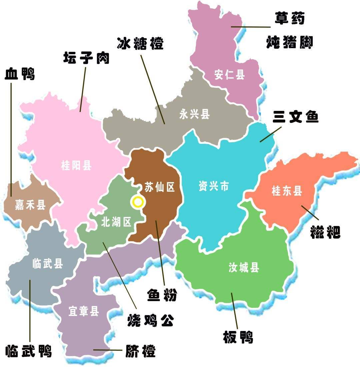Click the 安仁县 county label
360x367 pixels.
(x=229, y=75)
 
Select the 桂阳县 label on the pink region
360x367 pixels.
(x=76, y=165)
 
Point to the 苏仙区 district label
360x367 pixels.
(x=160, y=187)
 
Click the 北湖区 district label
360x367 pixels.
(x=116, y=222)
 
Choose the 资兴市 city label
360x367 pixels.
(x=214, y=186)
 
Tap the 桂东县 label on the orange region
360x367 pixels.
(x=287, y=191)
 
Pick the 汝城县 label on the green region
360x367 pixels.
(x=244, y=267)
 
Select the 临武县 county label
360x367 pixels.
(x=48, y=264)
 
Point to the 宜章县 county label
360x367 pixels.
(x=84, y=311)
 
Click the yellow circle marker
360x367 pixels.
(x=138, y=202)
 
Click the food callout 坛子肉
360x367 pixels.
(x=86, y=58)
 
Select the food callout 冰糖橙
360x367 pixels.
(x=140, y=43)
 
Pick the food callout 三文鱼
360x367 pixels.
(x=296, y=117)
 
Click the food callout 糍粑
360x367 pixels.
(x=325, y=232)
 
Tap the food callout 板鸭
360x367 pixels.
(x=238, y=337)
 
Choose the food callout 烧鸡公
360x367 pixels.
(x=151, y=320)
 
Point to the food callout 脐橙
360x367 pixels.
(x=140, y=350)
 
